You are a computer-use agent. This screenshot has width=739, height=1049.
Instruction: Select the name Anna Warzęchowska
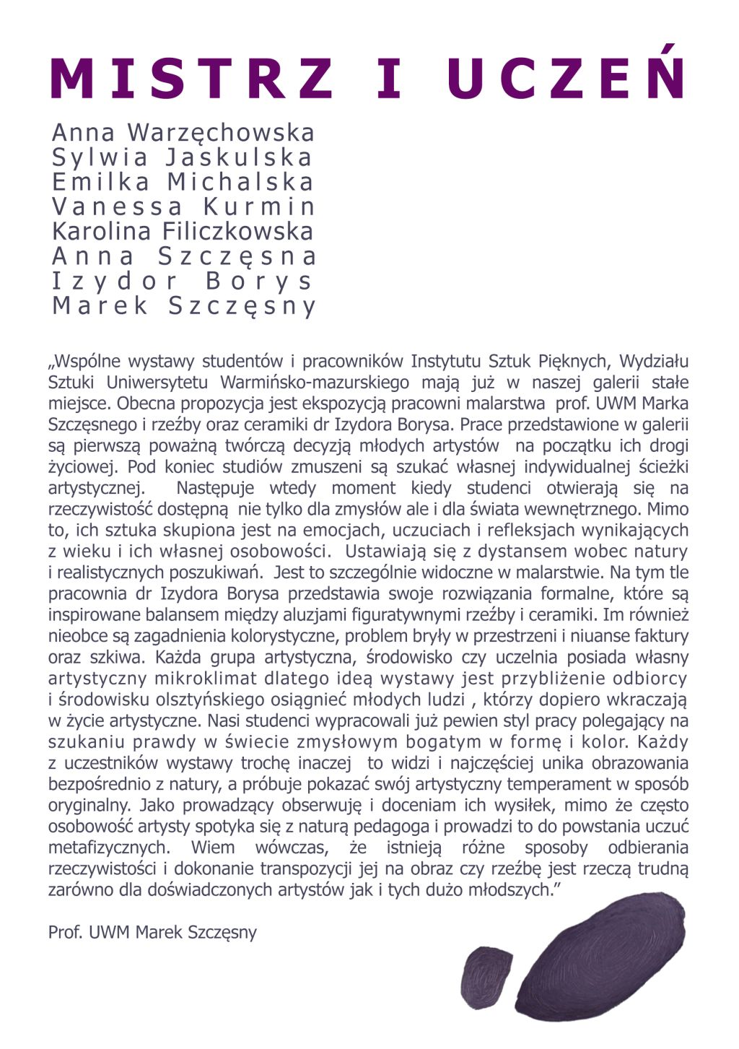183,133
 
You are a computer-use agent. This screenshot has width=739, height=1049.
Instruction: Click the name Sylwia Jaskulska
182,157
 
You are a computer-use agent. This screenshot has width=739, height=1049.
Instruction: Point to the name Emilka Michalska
183,182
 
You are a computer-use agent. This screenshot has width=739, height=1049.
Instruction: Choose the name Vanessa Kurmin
183,206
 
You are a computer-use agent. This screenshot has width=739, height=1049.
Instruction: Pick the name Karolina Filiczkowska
183,232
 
